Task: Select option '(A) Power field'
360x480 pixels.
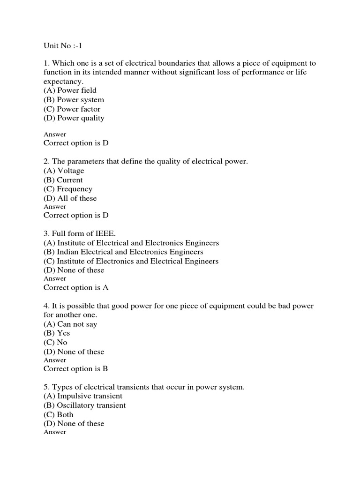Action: tap(70, 90)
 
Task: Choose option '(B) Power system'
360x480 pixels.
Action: tap(74, 100)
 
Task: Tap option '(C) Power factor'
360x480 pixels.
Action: tap(72, 109)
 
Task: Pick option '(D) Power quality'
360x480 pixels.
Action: tap(74, 118)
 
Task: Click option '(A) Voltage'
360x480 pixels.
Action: tap(64, 171)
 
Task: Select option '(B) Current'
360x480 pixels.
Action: tap(63, 180)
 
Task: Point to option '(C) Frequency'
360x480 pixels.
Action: tap(68, 189)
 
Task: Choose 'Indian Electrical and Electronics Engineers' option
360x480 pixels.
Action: tap(123, 252)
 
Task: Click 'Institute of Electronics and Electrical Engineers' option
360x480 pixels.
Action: tap(131, 261)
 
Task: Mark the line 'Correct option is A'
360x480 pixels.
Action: tap(76, 288)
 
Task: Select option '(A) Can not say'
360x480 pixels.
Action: tap(70, 324)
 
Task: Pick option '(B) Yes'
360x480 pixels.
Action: tap(57, 333)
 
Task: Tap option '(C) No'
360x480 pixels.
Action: tap(55, 342)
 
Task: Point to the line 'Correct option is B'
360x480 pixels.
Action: tap(76, 369)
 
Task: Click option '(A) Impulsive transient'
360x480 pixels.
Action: tap(83, 396)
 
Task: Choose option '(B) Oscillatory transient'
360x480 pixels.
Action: tap(84, 405)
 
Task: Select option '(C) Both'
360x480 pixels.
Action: tap(59, 414)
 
